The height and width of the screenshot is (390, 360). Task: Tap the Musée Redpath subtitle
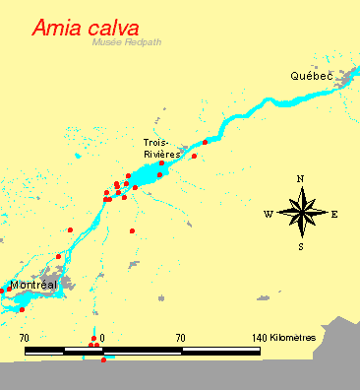(x=125, y=43)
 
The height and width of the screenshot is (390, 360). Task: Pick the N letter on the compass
(x=300, y=178)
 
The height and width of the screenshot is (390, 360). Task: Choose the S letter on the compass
(x=301, y=246)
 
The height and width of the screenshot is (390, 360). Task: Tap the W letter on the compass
(x=268, y=213)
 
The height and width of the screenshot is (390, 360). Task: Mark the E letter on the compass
(x=334, y=213)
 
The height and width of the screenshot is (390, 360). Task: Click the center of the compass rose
(x=301, y=213)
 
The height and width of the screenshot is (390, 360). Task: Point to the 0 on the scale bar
(x=101, y=337)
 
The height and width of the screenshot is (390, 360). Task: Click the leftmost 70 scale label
(x=25, y=337)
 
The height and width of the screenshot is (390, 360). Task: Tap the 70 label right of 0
(x=180, y=337)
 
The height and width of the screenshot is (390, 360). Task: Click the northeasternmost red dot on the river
(x=205, y=143)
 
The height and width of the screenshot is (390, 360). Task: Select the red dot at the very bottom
(x=103, y=359)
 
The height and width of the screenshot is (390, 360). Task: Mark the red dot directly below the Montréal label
(x=22, y=309)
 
